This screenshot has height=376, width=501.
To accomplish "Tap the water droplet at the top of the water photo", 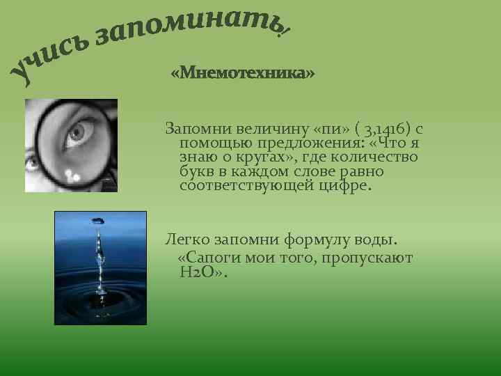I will (98, 220).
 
